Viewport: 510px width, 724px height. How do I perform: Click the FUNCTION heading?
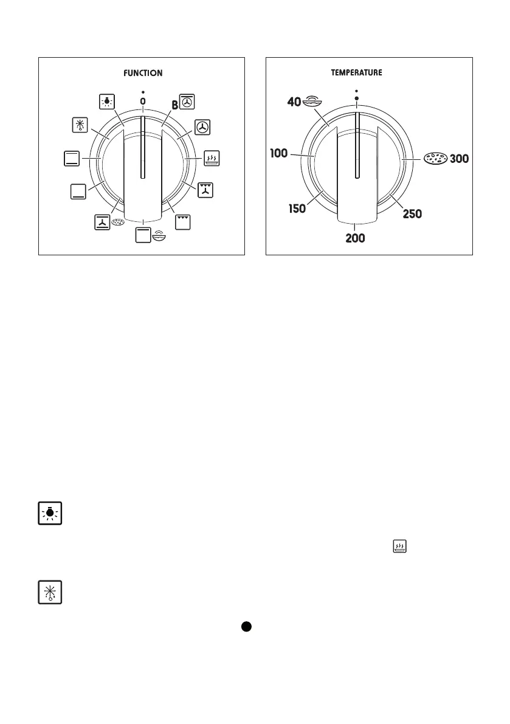pyautogui.click(x=143, y=73)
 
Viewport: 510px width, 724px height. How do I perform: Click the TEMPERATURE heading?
pyautogui.click(x=356, y=72)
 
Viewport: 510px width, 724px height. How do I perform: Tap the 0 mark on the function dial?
pyautogui.click(x=143, y=101)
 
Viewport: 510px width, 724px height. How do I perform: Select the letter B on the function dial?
pyautogui.click(x=175, y=105)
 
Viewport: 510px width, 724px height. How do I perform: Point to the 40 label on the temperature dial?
pyautogui.click(x=294, y=102)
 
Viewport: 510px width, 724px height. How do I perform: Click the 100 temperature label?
pyautogui.click(x=279, y=153)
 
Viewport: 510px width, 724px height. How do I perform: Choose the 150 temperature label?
pyautogui.click(x=297, y=209)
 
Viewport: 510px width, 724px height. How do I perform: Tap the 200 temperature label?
pyautogui.click(x=356, y=238)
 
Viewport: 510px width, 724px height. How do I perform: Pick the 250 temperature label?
pyautogui.click(x=412, y=214)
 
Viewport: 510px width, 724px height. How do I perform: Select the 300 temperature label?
pyautogui.click(x=459, y=159)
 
